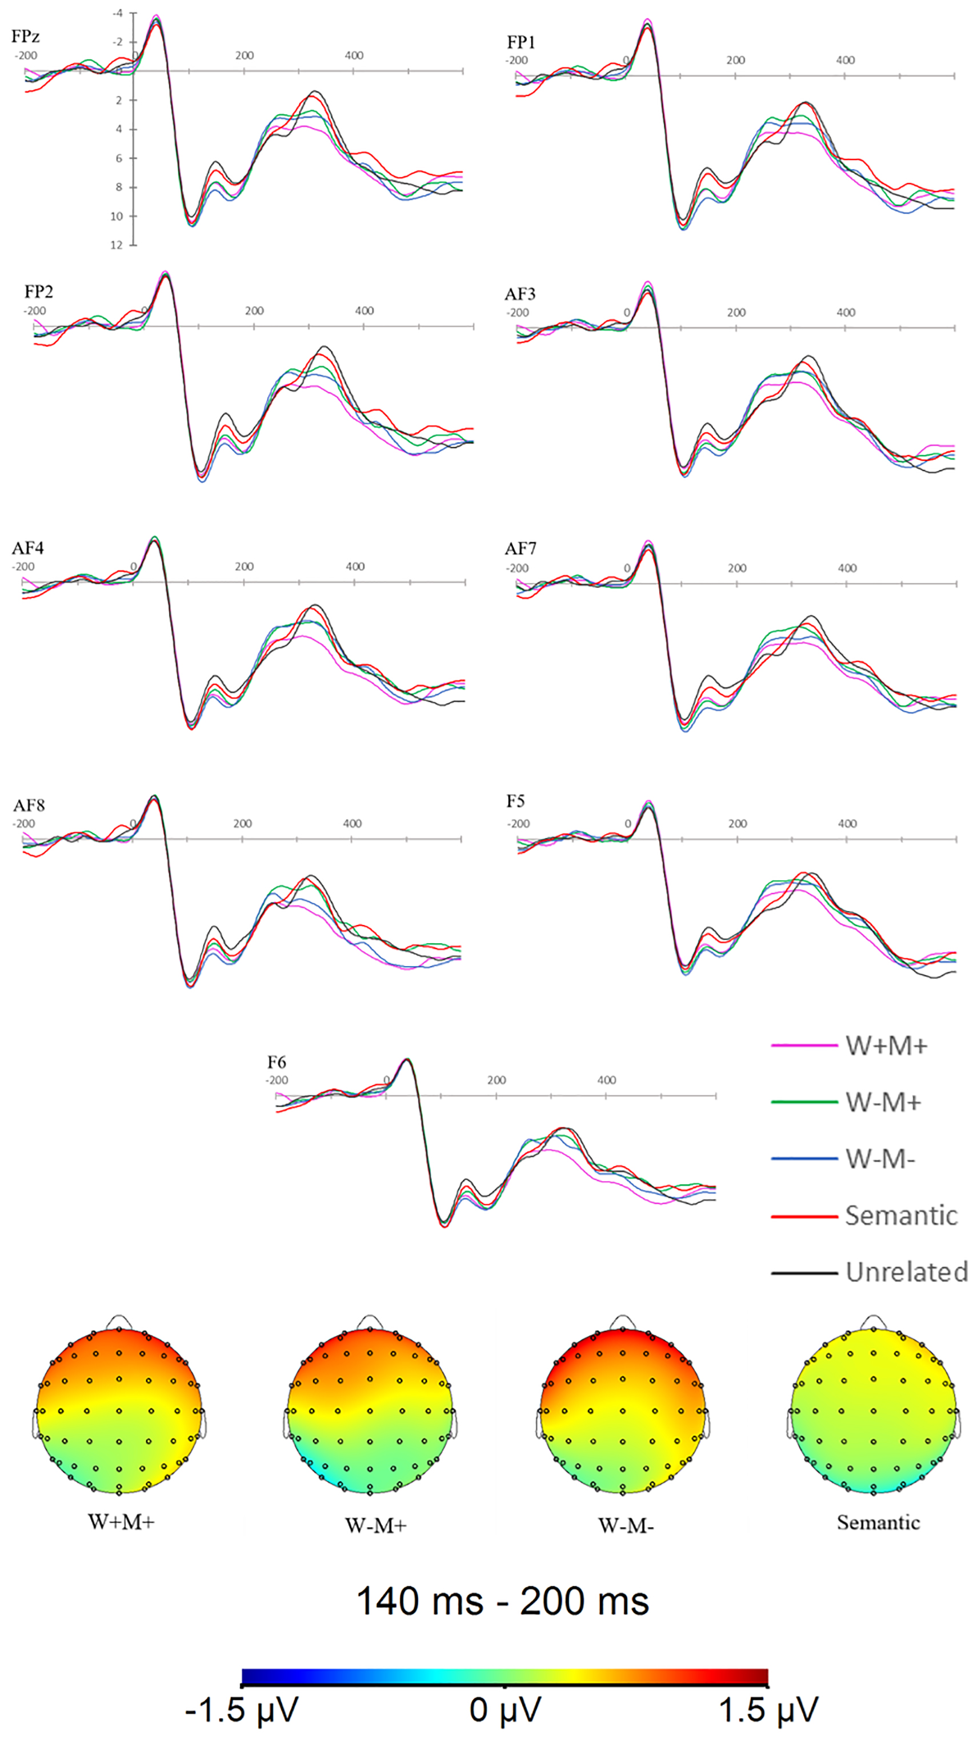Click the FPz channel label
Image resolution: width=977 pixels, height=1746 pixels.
[x=26, y=36]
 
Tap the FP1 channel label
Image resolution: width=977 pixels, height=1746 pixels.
[x=521, y=43]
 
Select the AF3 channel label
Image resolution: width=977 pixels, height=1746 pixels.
[x=520, y=293]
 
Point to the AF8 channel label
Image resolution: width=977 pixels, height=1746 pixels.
[x=29, y=805]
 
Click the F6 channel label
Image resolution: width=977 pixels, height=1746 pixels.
[x=277, y=1062]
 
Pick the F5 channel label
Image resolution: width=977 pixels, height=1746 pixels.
[x=515, y=801]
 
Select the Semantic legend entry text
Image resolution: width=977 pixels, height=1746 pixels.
[x=901, y=1216]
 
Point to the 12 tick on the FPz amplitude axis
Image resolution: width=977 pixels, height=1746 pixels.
[x=117, y=245]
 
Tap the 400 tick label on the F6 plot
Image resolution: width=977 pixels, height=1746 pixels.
[x=606, y=1080]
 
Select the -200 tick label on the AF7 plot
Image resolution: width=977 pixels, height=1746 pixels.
[x=518, y=568]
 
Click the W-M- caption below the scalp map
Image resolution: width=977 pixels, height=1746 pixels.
[x=626, y=1525]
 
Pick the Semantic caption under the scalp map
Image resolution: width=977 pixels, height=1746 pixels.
[x=878, y=1522]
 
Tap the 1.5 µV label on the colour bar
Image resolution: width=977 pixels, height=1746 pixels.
[x=768, y=1709]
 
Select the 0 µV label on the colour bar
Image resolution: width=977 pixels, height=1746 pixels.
[x=504, y=1709]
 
